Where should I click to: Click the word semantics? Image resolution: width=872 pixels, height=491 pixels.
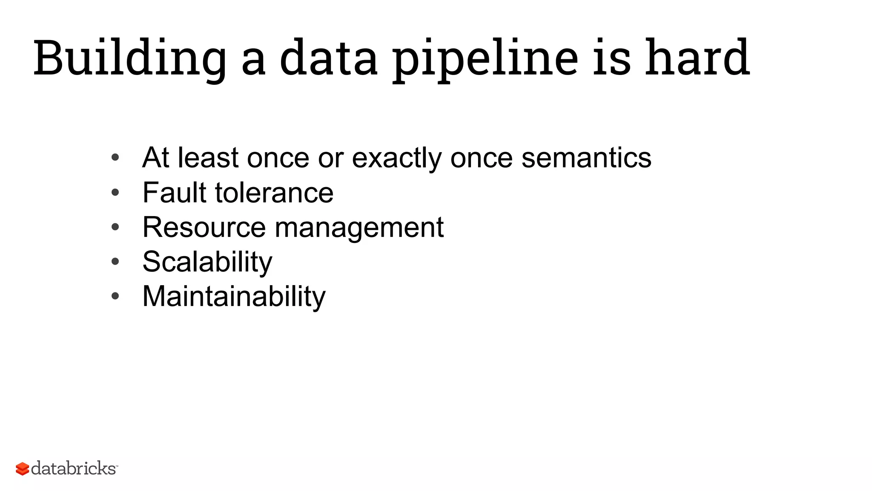click(586, 157)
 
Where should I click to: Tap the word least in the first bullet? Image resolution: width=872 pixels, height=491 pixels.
click(208, 157)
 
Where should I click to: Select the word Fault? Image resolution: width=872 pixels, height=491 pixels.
click(175, 192)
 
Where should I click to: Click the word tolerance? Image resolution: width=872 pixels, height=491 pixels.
click(274, 193)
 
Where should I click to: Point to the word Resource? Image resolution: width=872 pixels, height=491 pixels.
click(204, 227)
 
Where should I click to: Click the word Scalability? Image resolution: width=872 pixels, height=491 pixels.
click(207, 262)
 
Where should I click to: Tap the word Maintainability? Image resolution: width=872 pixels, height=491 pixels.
click(234, 296)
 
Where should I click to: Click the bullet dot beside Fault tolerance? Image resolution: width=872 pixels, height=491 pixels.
click(115, 193)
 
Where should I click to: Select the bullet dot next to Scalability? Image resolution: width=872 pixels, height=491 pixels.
click(115, 262)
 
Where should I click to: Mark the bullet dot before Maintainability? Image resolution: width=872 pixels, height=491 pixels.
click(115, 296)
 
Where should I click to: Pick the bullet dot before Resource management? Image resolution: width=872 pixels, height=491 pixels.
click(115, 227)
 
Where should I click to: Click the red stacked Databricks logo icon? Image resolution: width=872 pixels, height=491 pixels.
click(22, 469)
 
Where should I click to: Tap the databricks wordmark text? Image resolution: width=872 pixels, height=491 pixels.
click(73, 468)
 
